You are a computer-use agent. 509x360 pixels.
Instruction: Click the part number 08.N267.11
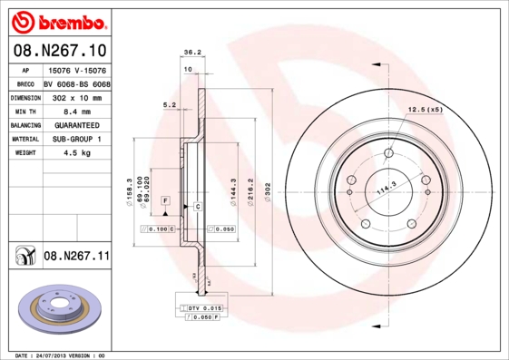76,257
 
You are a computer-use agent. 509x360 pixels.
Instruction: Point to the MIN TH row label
25,111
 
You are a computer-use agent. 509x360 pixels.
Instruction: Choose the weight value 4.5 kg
76,154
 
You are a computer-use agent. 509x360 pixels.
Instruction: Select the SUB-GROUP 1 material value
76,140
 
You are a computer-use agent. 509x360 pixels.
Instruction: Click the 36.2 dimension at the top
192,53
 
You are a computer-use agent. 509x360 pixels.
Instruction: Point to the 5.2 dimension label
169,105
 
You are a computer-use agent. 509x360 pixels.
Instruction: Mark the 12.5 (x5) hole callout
426,110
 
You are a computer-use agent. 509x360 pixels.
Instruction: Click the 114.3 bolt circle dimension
387,186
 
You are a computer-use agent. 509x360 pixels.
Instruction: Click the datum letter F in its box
166,199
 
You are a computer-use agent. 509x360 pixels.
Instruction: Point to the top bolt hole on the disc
389,152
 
